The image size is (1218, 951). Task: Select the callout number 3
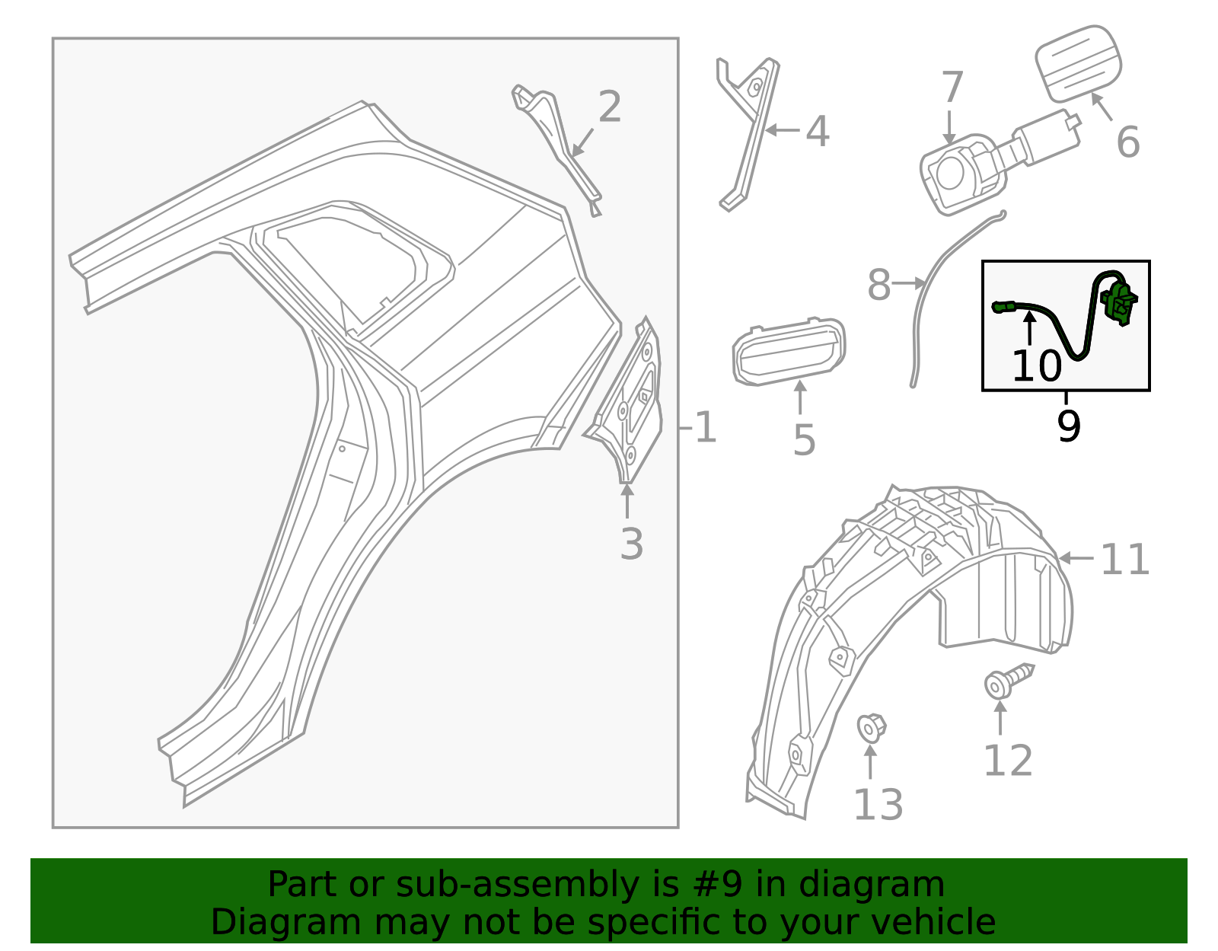point(631,544)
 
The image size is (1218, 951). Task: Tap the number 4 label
point(817,132)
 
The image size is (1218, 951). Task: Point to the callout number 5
point(804,440)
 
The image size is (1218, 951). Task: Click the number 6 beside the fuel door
point(1127,142)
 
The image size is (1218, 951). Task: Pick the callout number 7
point(952,87)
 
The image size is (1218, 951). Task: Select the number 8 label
point(878,286)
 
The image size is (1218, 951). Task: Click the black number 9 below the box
point(1069,426)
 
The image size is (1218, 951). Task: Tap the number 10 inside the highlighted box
point(1036,365)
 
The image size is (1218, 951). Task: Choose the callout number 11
point(1124,560)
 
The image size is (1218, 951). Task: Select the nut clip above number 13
point(872,727)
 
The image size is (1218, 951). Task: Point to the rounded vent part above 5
point(789,350)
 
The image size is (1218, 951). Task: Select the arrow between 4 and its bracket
point(782,131)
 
